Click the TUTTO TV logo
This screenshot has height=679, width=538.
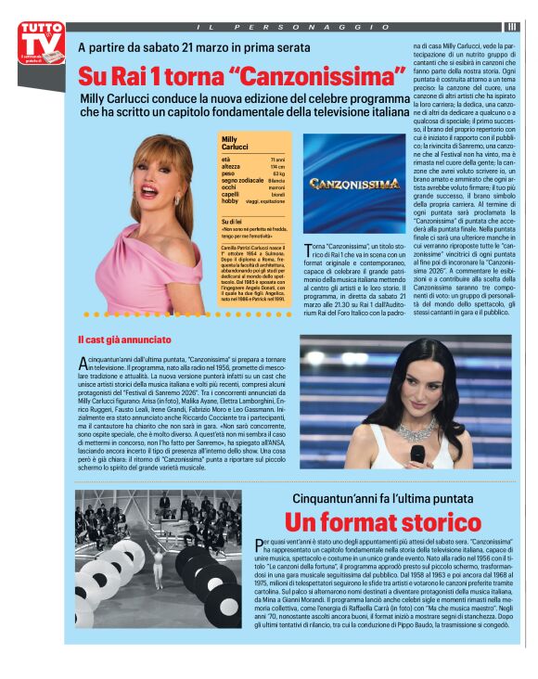[41, 43]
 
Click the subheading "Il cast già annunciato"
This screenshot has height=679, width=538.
[124, 339]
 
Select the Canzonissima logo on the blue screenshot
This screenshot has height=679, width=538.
[354, 184]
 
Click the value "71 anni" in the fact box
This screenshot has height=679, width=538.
[276, 160]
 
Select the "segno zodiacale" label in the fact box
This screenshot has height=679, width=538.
[242, 180]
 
